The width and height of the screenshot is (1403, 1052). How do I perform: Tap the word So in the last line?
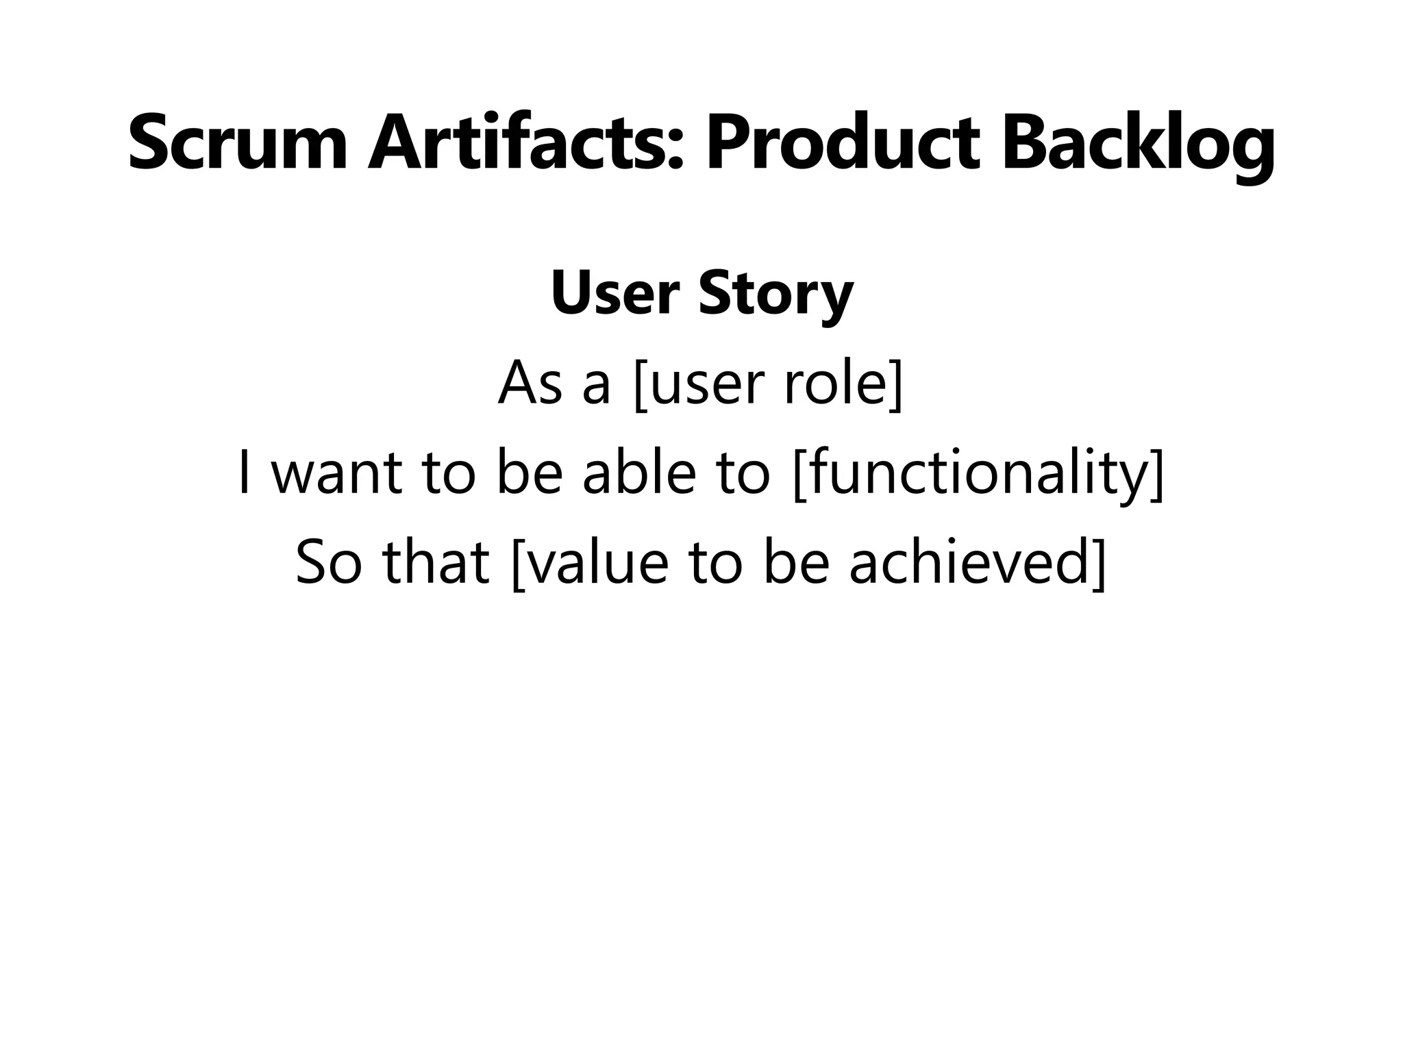(x=328, y=562)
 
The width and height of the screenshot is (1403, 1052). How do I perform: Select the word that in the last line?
(x=436, y=562)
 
